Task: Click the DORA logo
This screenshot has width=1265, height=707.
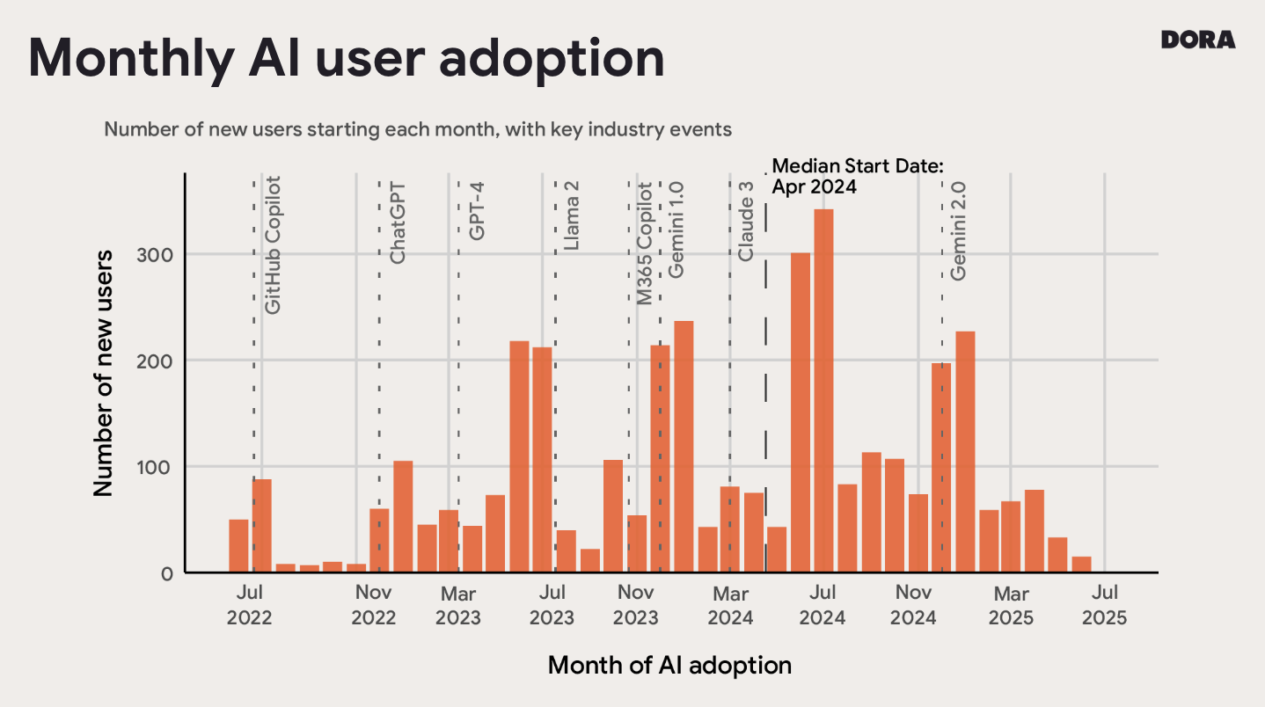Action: tap(1197, 40)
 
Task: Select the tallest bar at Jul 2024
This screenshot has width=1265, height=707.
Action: tap(823, 390)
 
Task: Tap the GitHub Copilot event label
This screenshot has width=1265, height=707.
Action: tap(274, 245)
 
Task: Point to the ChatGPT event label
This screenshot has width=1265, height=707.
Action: tap(398, 222)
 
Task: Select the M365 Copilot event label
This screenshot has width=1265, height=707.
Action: tap(645, 244)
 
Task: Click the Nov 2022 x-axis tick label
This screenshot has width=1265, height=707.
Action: tap(374, 605)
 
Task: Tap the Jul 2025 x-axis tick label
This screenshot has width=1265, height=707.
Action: tap(1104, 605)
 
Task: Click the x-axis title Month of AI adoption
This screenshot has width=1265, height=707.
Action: tap(669, 665)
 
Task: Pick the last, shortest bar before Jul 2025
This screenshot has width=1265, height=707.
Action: tap(1081, 564)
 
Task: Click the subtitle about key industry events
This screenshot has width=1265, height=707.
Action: tap(418, 129)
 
